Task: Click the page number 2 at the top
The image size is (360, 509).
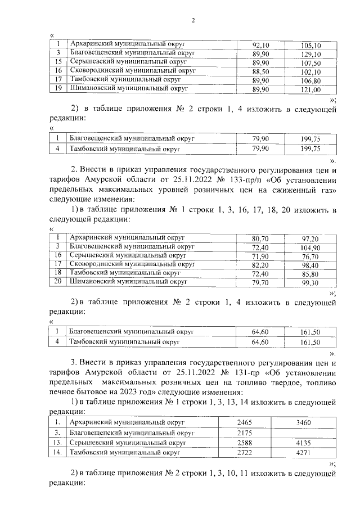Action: pyautogui.click(x=192, y=21)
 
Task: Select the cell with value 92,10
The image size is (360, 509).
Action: pyautogui.click(x=261, y=45)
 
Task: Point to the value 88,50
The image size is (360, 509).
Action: pyautogui.click(x=261, y=71)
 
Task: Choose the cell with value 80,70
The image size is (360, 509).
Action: pyautogui.click(x=261, y=238)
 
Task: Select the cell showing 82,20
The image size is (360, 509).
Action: pyautogui.click(x=261, y=264)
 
